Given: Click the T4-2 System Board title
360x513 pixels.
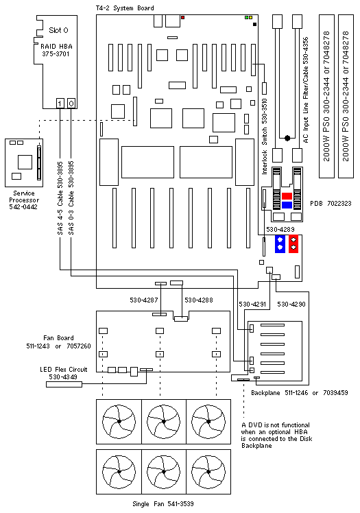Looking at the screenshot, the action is pyautogui.click(x=125, y=8).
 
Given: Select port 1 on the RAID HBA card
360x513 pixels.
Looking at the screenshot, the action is pyautogui.click(x=60, y=104).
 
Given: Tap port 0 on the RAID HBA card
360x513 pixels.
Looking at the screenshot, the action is pyautogui.click(x=71, y=104).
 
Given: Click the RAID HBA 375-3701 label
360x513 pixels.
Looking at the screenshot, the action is pyautogui.click(x=56, y=50).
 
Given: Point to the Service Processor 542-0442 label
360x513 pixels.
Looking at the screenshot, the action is pyautogui.click(x=23, y=200).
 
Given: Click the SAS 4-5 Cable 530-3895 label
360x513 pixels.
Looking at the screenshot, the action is pyautogui.click(x=60, y=198).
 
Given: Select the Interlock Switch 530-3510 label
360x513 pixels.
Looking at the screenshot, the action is pyautogui.click(x=265, y=136).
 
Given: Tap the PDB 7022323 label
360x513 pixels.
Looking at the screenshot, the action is pyautogui.click(x=331, y=204).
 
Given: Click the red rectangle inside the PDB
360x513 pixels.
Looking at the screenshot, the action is pyautogui.click(x=287, y=196).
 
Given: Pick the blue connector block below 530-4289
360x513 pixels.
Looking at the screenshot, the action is pyautogui.click(x=280, y=243).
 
